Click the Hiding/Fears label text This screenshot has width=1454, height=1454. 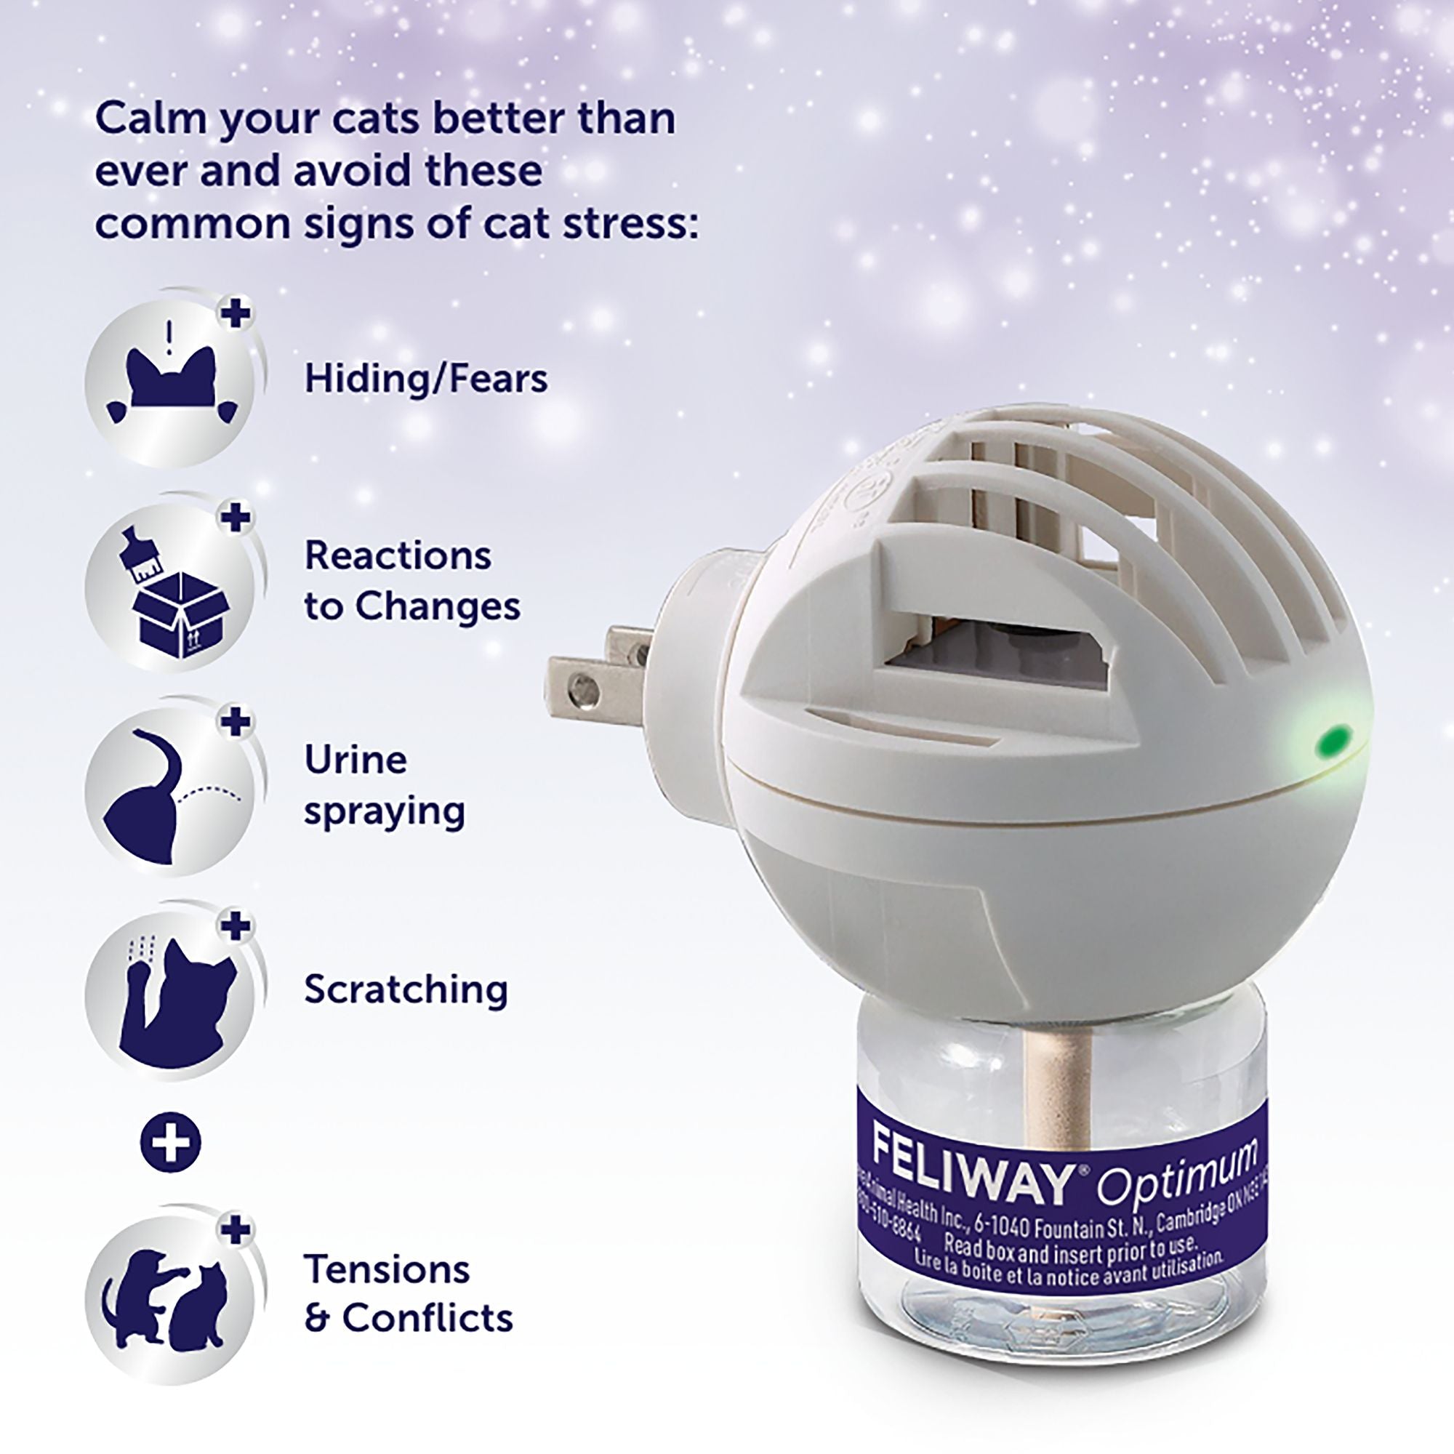click(x=426, y=378)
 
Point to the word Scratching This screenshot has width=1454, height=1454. click(x=406, y=990)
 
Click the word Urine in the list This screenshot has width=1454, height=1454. click(x=356, y=760)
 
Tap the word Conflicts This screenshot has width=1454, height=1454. click(x=427, y=1318)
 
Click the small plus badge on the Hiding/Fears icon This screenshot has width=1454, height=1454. click(x=236, y=313)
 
